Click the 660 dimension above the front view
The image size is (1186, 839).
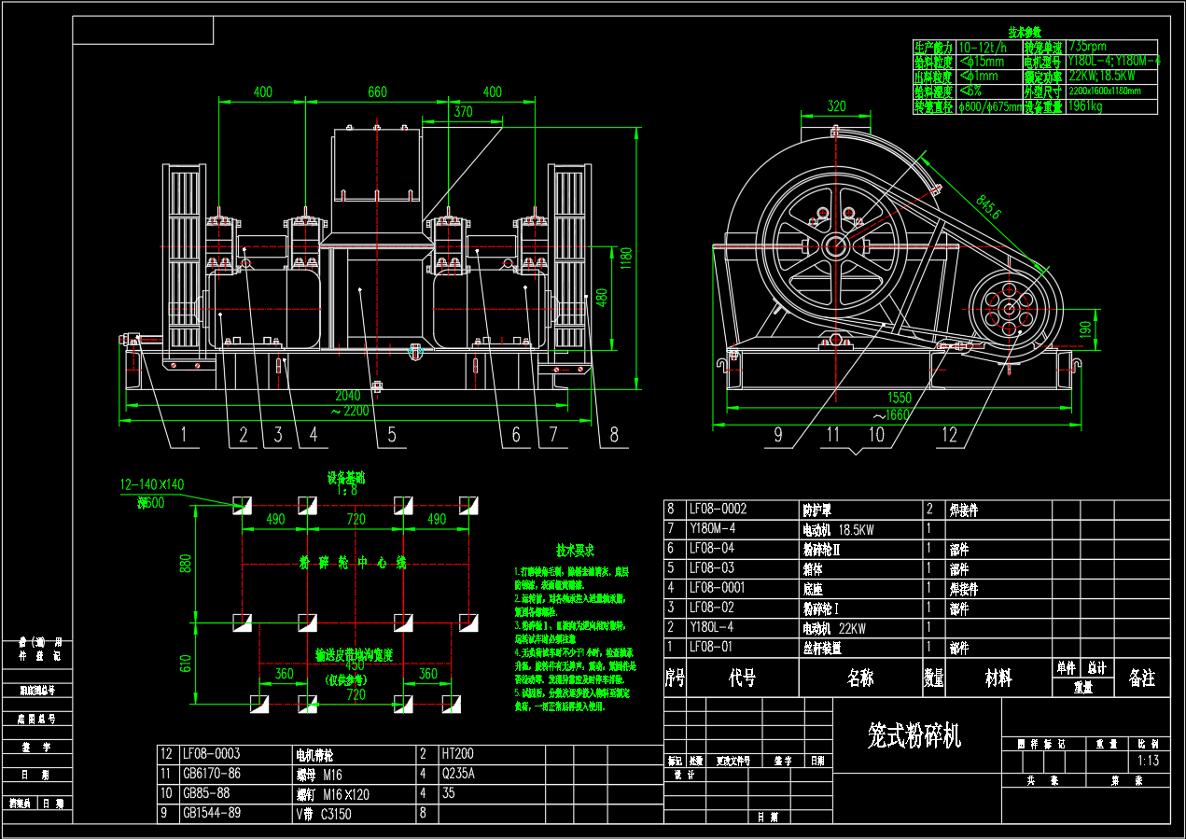[x=377, y=91]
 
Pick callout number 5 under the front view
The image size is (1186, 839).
[x=392, y=434]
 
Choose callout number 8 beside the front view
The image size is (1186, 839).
[x=613, y=434]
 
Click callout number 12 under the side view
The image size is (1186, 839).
[x=949, y=434]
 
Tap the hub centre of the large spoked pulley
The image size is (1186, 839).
[x=835, y=247]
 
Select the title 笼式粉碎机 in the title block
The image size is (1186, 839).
[x=914, y=736]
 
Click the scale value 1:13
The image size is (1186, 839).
[x=1149, y=761]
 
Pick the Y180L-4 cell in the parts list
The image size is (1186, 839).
[x=712, y=628]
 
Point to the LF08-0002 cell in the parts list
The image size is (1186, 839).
[x=718, y=510]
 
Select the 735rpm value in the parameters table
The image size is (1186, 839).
[x=1089, y=46]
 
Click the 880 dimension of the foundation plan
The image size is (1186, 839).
[x=186, y=564]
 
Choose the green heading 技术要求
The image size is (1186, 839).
[x=575, y=550]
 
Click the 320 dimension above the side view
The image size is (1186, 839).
[x=836, y=105]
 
